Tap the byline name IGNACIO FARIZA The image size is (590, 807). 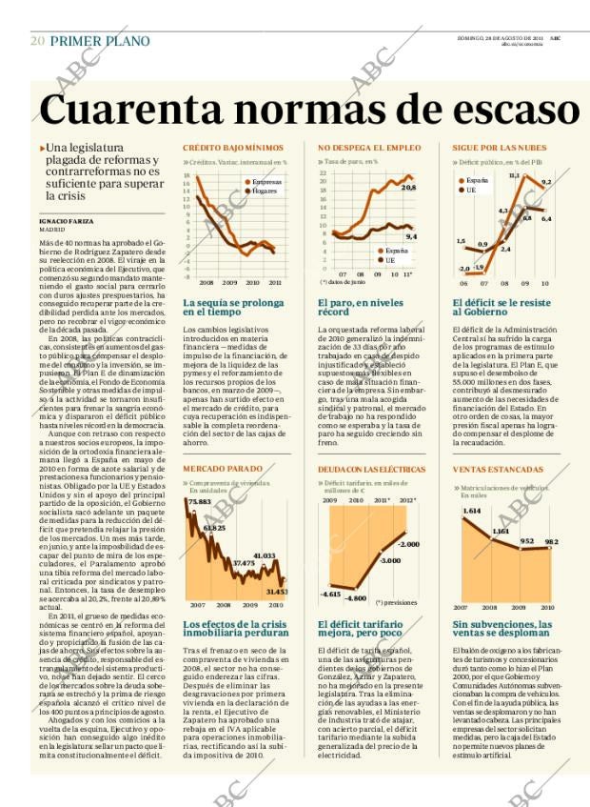pyautogui.click(x=66, y=220)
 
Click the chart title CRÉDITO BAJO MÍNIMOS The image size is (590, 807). pyautogui.click(x=232, y=148)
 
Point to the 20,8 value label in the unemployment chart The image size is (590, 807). pyautogui.click(x=408, y=188)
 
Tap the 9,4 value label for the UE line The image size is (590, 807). pyautogui.click(x=411, y=236)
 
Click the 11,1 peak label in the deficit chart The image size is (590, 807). pyautogui.click(x=514, y=175)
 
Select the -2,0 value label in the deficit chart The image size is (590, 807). pyautogui.click(x=463, y=270)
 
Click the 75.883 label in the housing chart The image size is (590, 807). pyautogui.click(x=199, y=501)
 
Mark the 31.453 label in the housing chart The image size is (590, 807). pyautogui.click(x=277, y=591)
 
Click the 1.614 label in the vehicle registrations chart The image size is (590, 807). pyautogui.click(x=471, y=511)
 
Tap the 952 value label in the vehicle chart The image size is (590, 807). pyautogui.click(x=526, y=541)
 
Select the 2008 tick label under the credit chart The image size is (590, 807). pyautogui.click(x=206, y=282)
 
